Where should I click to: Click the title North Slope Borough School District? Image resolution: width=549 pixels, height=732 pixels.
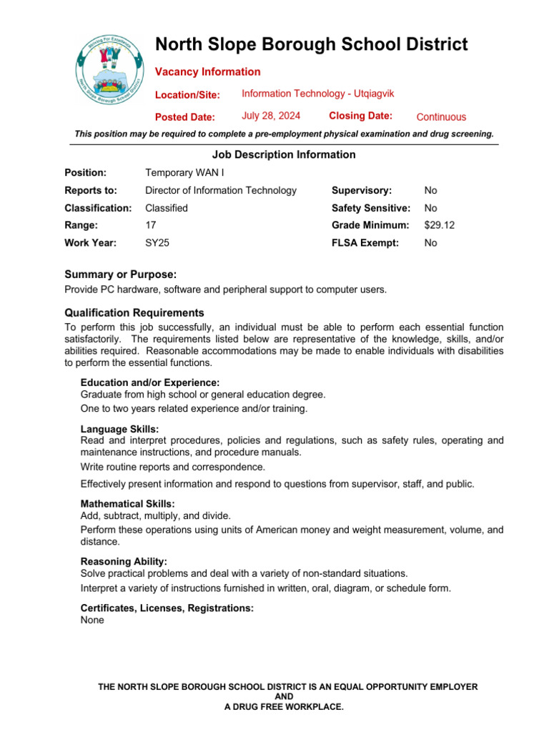tap(312, 44)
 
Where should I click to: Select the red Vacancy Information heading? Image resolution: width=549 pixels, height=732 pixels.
tap(208, 71)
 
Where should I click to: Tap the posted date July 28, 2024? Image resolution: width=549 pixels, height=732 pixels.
tap(271, 116)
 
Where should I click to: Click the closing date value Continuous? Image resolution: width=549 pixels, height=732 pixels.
tap(441, 117)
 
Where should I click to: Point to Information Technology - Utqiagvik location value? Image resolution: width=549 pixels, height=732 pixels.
tap(318, 94)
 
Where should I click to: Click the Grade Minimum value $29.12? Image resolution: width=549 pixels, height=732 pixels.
tap(440, 225)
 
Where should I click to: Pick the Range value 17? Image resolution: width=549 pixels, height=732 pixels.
tap(151, 225)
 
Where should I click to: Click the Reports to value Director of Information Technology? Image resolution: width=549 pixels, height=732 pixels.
tap(221, 190)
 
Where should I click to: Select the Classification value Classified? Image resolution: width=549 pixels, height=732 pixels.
tap(167, 208)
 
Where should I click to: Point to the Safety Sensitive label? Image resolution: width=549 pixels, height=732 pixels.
tap(371, 208)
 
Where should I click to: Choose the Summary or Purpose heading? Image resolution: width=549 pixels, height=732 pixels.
tap(121, 274)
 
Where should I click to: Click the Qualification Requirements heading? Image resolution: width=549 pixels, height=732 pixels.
tap(134, 312)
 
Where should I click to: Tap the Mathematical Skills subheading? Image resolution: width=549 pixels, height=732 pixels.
tap(127, 504)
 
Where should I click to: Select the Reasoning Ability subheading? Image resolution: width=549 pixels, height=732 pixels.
tap(124, 562)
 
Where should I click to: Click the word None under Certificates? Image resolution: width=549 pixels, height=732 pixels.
tap(92, 620)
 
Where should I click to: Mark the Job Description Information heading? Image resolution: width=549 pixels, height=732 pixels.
tap(284, 154)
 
